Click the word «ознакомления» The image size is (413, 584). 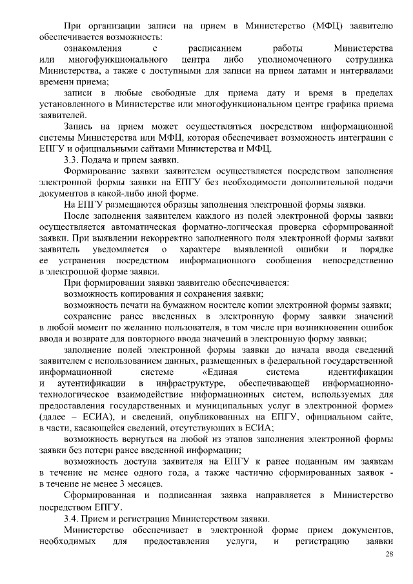tap(90, 48)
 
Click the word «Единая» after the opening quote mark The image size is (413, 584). tap(222, 372)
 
